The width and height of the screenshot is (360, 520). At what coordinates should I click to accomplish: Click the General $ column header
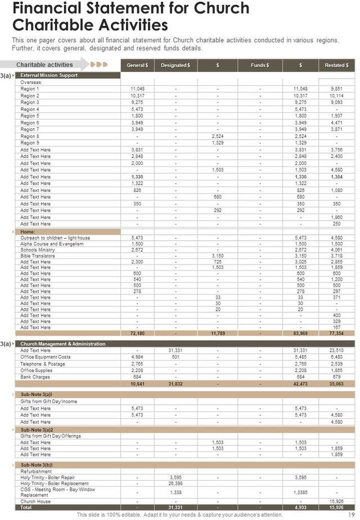137,65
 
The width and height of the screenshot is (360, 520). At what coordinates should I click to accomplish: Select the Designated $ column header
175,65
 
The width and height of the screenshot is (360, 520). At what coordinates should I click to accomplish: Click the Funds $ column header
260,65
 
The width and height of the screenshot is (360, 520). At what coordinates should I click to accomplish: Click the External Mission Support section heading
49,75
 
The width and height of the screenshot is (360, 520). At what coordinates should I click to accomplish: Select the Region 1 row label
30,89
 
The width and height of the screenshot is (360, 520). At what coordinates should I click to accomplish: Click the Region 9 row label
30,143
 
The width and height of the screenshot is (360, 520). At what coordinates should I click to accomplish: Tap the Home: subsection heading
28,231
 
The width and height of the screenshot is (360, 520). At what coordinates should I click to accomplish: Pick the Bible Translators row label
37,255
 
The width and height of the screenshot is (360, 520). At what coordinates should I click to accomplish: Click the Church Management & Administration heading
62,344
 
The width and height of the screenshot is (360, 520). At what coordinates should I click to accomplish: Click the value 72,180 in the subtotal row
137,334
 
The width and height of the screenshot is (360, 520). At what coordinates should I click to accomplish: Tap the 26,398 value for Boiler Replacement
175,483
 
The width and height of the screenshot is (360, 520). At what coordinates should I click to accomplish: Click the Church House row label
35,501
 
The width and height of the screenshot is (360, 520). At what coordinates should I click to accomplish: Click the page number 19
349,514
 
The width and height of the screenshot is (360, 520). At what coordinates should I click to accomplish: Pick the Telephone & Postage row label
43,364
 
